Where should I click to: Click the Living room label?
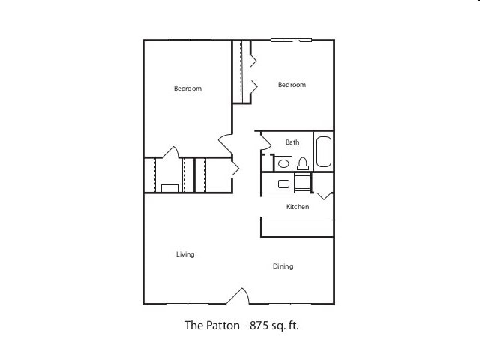tap(185, 254)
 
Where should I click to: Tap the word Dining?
tap(283, 266)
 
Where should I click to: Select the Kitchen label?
tap(298, 207)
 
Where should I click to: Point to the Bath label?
tap(292, 142)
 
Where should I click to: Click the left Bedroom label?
tap(187, 88)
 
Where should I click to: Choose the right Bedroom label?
tap(292, 85)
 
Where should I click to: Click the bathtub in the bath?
tap(324, 152)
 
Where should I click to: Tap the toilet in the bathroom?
tap(303, 163)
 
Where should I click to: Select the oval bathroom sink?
tap(284, 163)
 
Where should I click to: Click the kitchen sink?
tap(284, 184)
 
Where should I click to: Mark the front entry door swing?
tap(238, 296)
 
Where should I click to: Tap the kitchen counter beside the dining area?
tap(297, 228)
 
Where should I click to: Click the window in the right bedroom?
tap(292, 40)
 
